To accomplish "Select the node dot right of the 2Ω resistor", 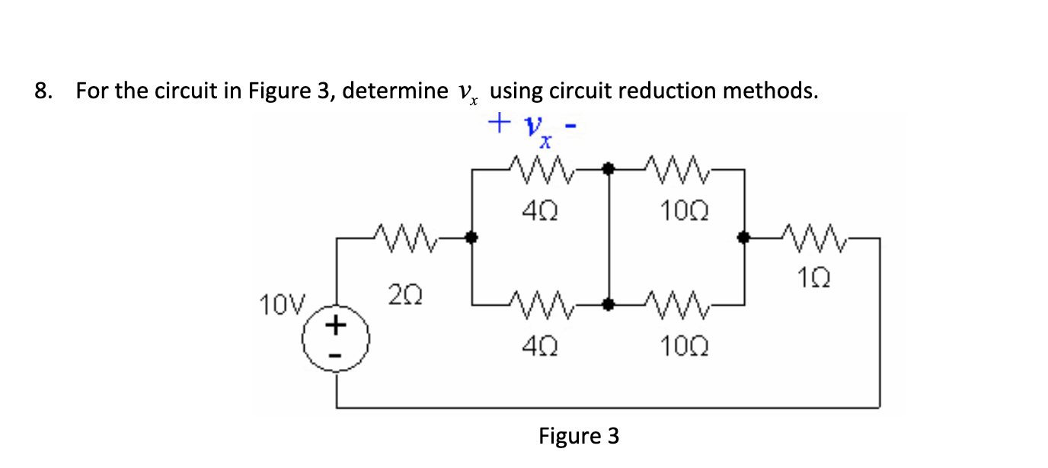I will [471, 238].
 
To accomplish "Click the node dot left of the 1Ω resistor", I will [744, 238].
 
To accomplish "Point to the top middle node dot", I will [608, 168].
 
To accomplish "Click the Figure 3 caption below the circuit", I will [579, 436].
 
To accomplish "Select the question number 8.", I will [43, 91].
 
